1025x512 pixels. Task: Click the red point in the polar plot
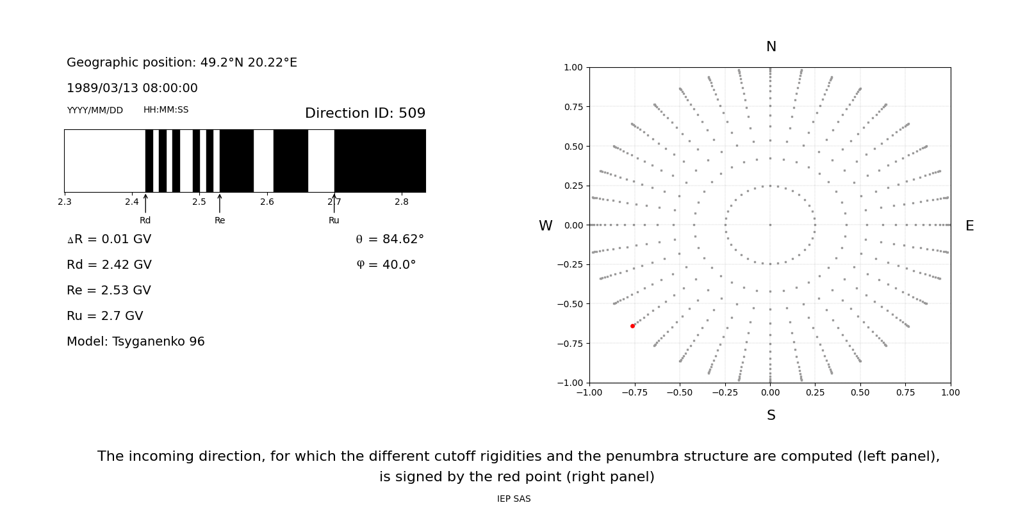(x=632, y=326)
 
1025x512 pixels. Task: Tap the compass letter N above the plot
(x=771, y=47)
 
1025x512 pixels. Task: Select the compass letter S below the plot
(x=771, y=415)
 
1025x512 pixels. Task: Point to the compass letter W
(x=545, y=226)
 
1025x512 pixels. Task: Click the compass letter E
(x=969, y=226)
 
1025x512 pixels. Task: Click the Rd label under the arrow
(x=145, y=220)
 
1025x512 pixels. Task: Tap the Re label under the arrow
(x=220, y=220)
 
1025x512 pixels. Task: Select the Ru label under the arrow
(x=334, y=220)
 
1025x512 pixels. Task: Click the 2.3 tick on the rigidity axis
(x=65, y=202)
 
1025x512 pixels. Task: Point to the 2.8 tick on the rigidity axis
(x=402, y=202)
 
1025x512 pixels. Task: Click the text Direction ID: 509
(x=365, y=113)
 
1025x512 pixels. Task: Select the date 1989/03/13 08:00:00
(x=132, y=88)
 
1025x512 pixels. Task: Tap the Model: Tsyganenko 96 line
(x=136, y=342)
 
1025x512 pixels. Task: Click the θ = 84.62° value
(x=389, y=239)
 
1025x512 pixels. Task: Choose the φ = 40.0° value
(x=386, y=265)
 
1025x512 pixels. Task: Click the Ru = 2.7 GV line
(x=105, y=316)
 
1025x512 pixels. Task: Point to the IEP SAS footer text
(x=514, y=499)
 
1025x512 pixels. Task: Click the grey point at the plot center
(x=770, y=225)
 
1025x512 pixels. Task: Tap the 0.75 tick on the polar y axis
(x=573, y=107)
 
